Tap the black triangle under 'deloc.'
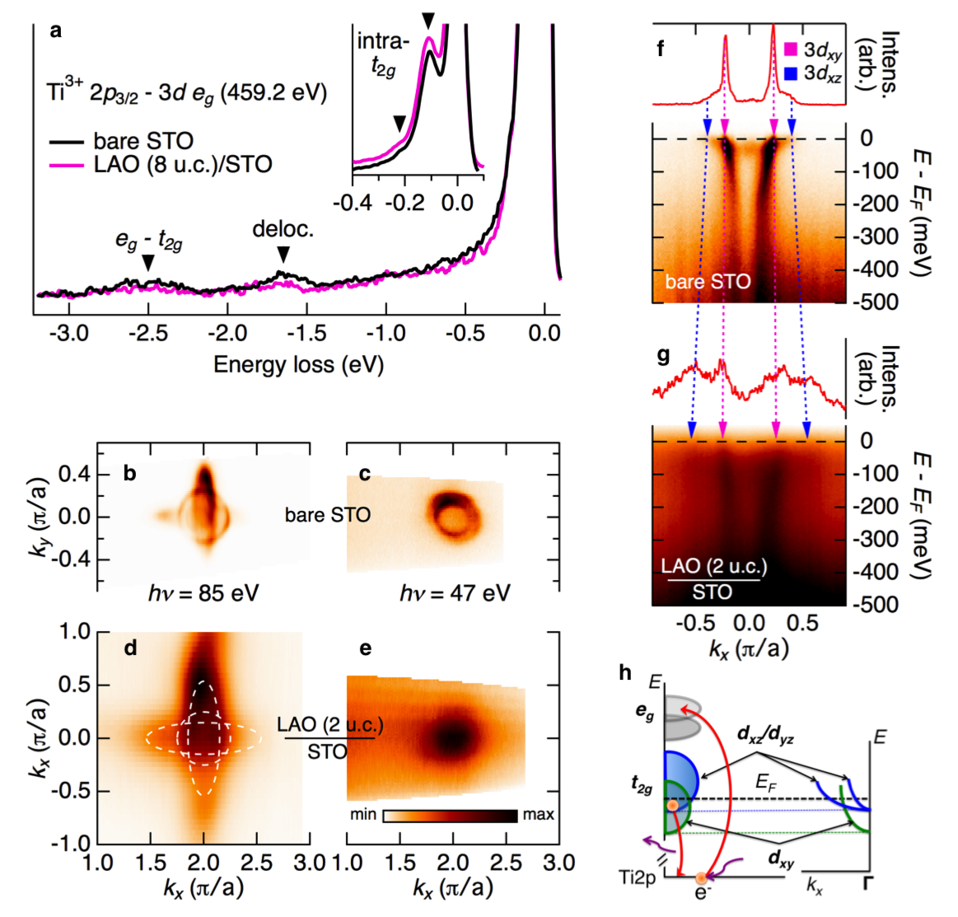coord(283,253)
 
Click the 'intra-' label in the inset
coord(383,41)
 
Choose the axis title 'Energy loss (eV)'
coord(298,364)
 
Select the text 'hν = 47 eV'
coord(454,592)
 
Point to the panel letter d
coord(130,649)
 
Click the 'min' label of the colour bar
coord(363,815)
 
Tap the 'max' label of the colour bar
coord(539,815)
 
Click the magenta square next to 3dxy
coord(792,51)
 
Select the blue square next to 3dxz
coord(792,73)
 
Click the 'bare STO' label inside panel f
coord(708,282)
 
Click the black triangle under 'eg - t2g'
coord(148,262)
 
